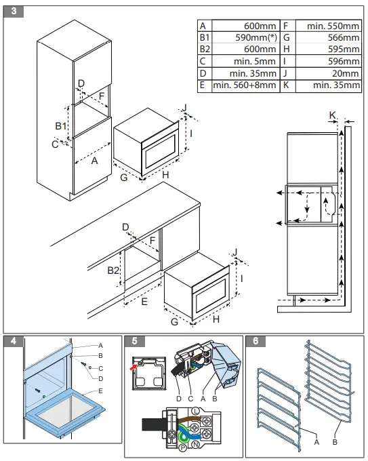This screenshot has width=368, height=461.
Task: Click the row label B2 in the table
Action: tap(204, 49)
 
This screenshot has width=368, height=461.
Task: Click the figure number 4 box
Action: tap(12, 342)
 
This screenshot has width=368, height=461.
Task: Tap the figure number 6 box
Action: tap(253, 342)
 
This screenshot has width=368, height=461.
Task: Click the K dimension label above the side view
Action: tap(333, 115)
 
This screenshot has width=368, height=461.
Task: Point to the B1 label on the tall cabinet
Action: tap(60, 126)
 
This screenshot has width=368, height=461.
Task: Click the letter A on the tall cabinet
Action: tap(94, 161)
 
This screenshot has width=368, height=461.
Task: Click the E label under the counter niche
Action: tap(144, 302)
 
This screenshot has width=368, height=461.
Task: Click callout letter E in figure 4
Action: tap(100, 391)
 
